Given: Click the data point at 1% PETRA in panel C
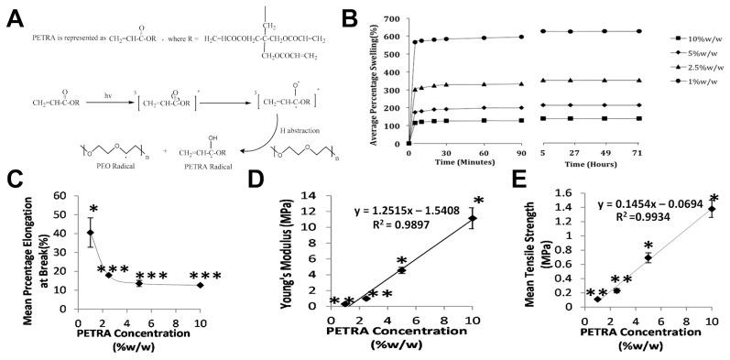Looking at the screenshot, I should click(x=90, y=233).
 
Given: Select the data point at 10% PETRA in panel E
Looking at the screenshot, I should click(x=711, y=209).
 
